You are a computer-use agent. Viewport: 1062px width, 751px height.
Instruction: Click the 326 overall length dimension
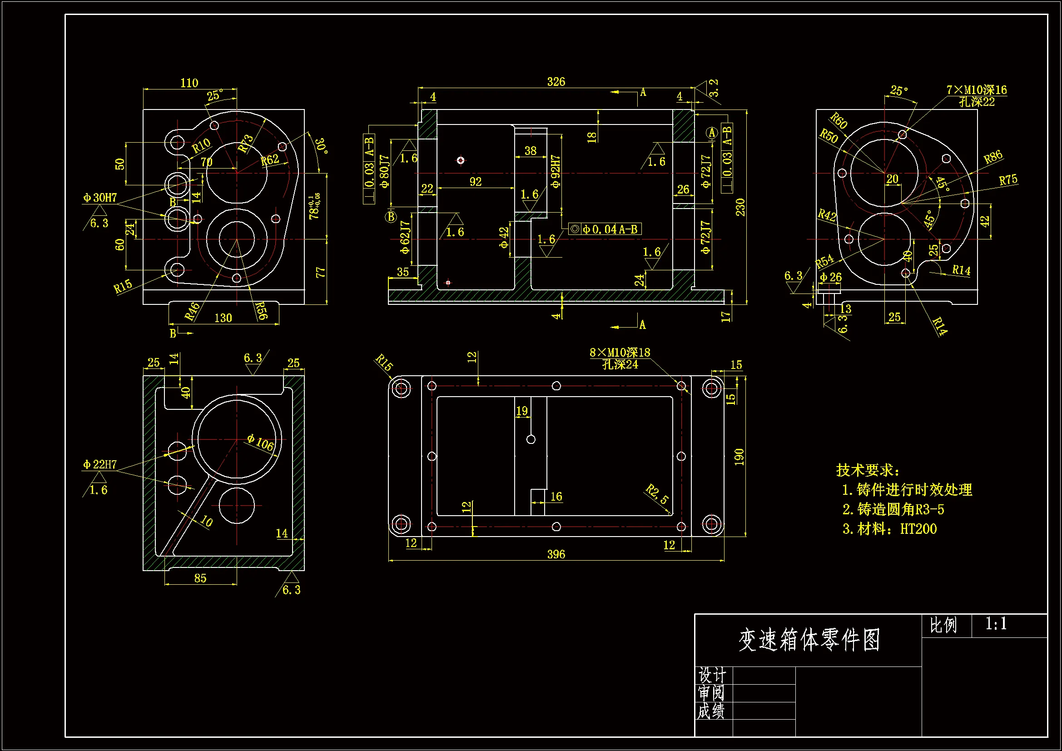[x=556, y=82]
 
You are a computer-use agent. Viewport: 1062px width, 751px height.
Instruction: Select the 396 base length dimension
[x=556, y=554]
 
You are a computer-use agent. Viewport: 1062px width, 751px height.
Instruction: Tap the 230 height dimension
[x=740, y=207]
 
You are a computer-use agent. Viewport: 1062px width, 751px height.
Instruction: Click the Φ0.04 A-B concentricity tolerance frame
[x=605, y=229]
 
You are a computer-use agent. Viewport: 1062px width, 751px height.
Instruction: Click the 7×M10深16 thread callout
[x=977, y=90]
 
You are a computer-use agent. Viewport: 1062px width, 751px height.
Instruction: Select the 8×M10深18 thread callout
[x=620, y=353]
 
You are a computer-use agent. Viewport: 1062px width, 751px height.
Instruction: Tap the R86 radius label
[x=993, y=157]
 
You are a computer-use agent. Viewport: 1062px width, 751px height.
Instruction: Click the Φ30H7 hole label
[x=100, y=198]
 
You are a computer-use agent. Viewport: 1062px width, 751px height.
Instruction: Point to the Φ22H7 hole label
[x=100, y=464]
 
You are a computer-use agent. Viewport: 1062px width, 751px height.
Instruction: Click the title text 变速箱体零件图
[x=809, y=641]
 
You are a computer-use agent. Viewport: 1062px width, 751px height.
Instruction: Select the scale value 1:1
[x=995, y=624]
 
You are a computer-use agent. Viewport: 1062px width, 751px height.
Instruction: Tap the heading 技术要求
[x=868, y=470]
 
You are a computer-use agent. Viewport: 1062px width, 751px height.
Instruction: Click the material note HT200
[x=918, y=529]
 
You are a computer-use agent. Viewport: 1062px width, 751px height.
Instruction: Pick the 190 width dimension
[x=739, y=456]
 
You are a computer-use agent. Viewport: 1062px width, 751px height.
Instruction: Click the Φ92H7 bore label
[x=556, y=171]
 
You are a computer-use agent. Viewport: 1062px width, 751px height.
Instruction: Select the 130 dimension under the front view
[x=223, y=318]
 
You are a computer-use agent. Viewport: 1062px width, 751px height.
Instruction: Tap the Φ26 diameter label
[x=831, y=277]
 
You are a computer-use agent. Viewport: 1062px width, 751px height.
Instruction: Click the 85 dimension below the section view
[x=200, y=578]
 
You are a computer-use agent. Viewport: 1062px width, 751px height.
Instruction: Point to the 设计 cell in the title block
[x=712, y=675]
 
